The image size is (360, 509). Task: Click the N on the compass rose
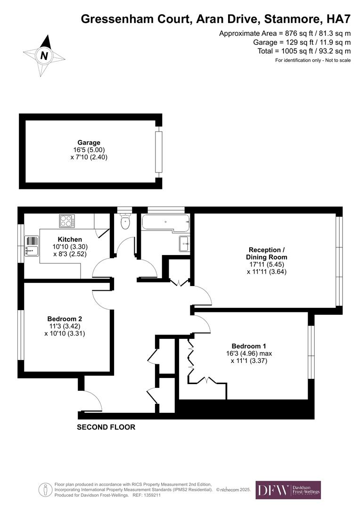click(44, 56)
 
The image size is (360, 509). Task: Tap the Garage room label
click(89, 142)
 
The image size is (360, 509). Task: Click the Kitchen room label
click(70, 239)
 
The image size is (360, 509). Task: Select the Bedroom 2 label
click(65, 319)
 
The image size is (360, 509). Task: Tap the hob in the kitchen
click(66, 221)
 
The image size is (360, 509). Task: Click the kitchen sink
click(32, 250)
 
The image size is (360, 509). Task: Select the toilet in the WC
click(125, 222)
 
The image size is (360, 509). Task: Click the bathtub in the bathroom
click(165, 223)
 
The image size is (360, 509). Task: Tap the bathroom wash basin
click(184, 244)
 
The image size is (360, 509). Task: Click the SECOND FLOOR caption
click(106, 427)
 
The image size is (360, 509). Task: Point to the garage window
click(158, 152)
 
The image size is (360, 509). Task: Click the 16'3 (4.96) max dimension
click(249, 353)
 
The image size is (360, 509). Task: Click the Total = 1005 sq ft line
click(304, 51)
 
